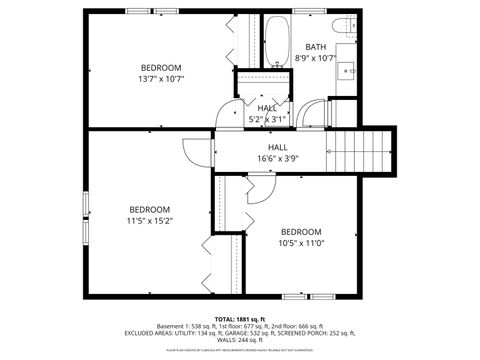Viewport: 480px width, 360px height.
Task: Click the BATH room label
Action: [316, 47]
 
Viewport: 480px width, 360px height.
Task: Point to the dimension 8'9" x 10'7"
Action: [316, 58]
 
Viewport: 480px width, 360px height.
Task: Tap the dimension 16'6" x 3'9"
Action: [278, 158]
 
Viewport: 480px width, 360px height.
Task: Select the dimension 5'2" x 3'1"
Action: [267, 119]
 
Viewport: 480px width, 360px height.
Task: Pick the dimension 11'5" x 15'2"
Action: [149, 220]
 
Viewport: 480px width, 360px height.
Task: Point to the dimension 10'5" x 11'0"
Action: [301, 242]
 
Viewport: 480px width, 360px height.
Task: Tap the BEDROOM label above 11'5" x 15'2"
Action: [149, 209]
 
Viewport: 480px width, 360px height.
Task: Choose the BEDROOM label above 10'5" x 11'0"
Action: [301, 231]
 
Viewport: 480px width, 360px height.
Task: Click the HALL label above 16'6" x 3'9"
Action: [278, 147]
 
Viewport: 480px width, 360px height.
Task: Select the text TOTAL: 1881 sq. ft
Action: [240, 317]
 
